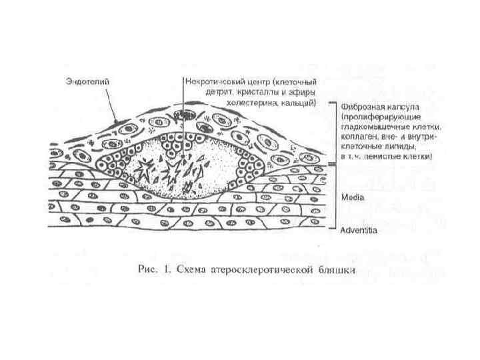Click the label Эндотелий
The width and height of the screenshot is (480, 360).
click(x=87, y=81)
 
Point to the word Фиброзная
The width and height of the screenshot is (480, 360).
click(x=359, y=105)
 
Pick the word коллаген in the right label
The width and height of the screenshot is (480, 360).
click(x=357, y=135)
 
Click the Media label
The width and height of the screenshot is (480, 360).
click(x=351, y=198)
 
